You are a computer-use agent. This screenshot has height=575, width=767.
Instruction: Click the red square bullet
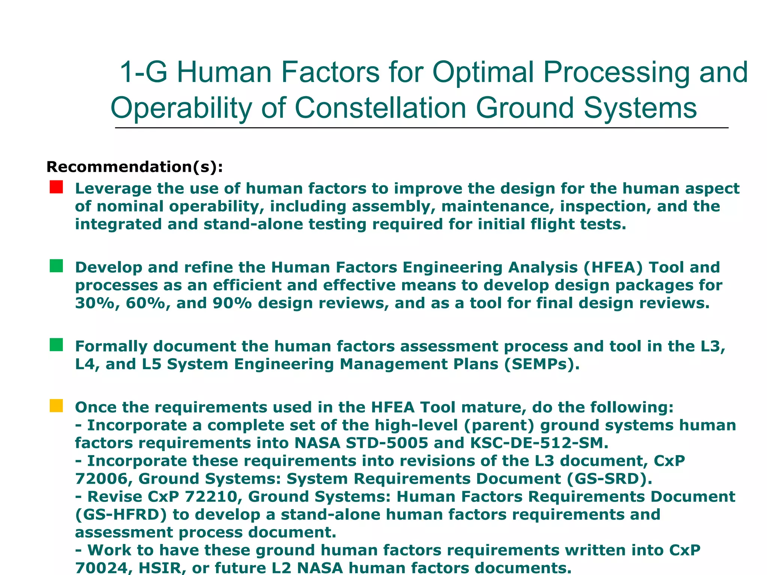(56, 187)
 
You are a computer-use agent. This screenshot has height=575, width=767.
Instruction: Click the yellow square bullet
(56, 406)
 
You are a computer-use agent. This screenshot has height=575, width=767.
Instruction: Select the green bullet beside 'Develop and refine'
(56, 266)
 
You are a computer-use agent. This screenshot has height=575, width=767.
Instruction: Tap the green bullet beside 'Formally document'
(56, 345)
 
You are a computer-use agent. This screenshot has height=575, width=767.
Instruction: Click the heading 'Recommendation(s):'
(134, 167)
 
